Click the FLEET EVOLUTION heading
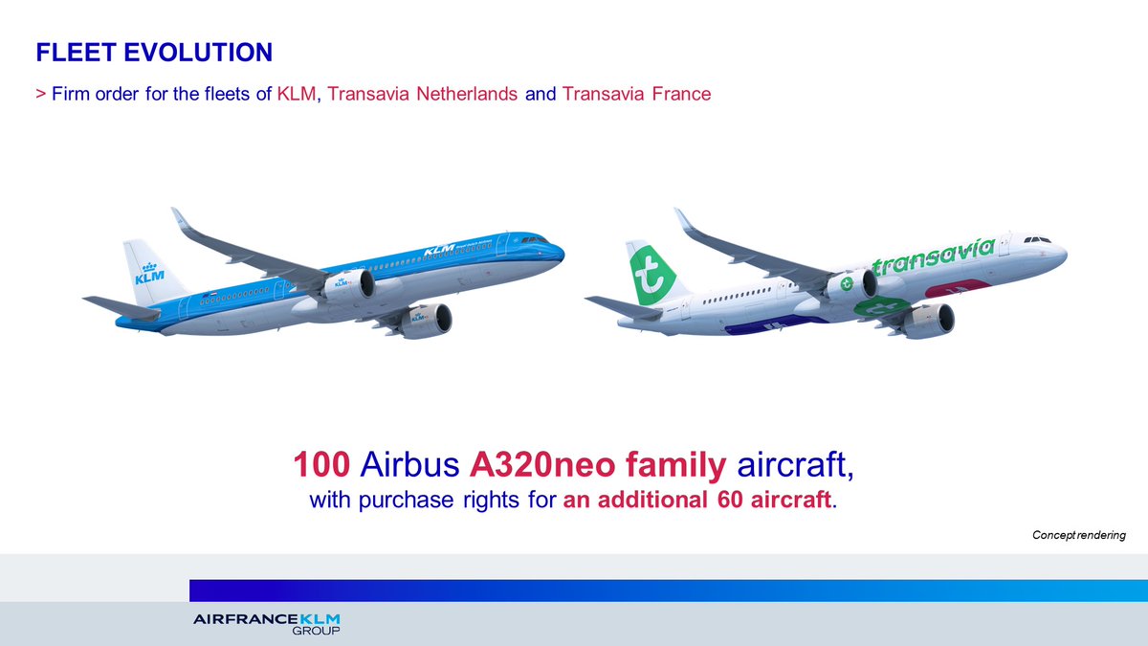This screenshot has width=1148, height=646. point(153,53)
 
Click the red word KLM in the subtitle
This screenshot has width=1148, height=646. point(296,95)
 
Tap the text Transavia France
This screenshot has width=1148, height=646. point(636,95)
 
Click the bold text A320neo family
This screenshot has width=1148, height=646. point(599,466)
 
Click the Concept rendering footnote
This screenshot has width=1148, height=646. point(1078,535)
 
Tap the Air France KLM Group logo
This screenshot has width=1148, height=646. point(266,623)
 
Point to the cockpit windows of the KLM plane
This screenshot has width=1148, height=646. point(533,238)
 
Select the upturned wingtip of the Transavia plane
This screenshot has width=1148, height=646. point(681,218)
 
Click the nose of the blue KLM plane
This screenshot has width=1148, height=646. point(560,254)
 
